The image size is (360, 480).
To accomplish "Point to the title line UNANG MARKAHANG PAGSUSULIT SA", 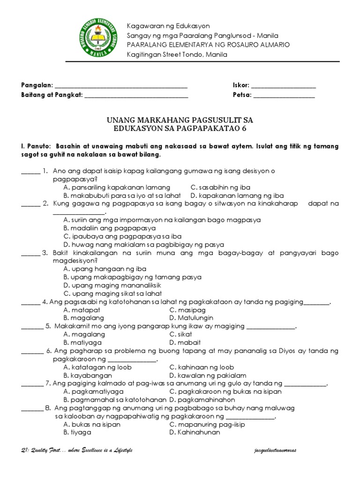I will pos(180,120).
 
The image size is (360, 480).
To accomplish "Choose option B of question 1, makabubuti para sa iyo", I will pos(122,195).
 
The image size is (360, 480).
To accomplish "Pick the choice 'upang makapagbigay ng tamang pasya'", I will pos(132,277).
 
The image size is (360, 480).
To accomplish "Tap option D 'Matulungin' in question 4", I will pos(187,318).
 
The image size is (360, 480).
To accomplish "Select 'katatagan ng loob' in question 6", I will pos(97,367).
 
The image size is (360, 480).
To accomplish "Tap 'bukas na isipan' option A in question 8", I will pos(92,424).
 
